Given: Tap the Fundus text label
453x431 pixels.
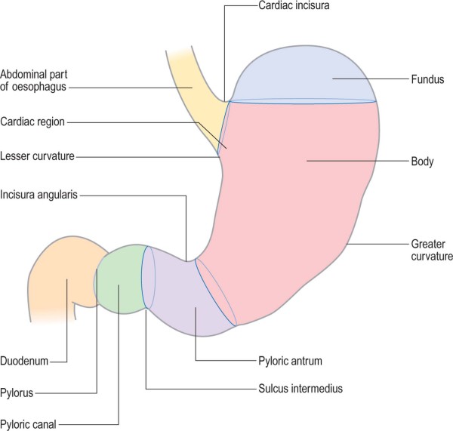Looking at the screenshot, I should point(426,78).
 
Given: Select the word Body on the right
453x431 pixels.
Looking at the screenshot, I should point(421,161).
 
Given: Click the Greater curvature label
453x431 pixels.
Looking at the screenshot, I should point(431,250).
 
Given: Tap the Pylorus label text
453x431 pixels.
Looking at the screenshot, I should point(18,393).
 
